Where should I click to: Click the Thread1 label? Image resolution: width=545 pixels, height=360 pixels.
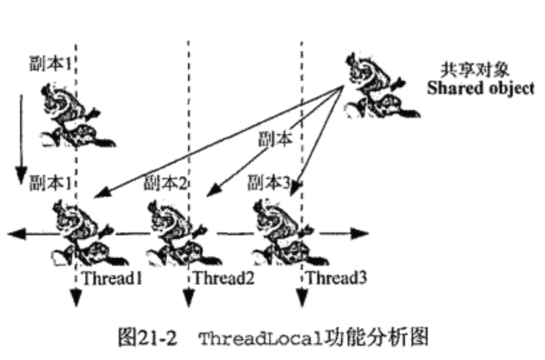pos(112,279)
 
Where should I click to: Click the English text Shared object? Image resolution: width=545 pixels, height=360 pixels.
pos(481,88)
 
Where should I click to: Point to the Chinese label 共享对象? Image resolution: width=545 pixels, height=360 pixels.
pos(475,70)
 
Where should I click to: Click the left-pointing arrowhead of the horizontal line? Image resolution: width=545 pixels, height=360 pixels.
pos(16,233)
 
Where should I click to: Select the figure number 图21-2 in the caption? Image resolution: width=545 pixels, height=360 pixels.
pos(147,339)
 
